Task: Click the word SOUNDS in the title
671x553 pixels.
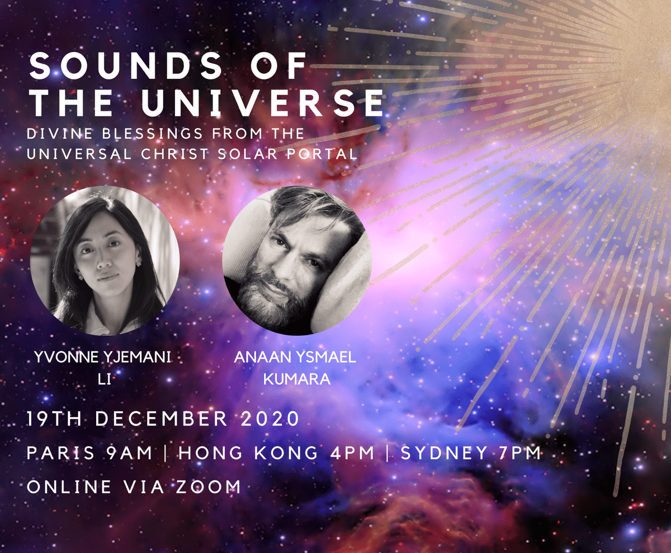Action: [x=125, y=65]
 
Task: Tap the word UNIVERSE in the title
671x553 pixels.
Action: [x=263, y=102]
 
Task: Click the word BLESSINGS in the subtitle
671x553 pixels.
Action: [x=153, y=133]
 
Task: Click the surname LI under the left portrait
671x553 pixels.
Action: [x=105, y=379]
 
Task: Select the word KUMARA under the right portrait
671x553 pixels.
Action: [x=297, y=379]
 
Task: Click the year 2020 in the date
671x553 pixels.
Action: [x=270, y=419]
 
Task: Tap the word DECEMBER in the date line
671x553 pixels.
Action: [x=161, y=419]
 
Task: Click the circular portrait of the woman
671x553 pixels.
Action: [x=105, y=261]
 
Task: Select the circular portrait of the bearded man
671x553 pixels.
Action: [x=297, y=261]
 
